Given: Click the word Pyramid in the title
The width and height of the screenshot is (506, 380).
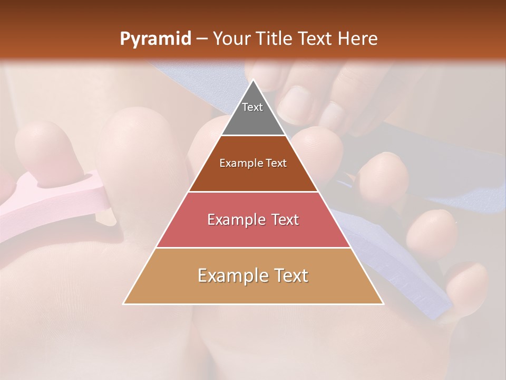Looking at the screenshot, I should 155,39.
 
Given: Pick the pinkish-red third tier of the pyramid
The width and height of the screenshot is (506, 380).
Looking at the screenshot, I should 253,232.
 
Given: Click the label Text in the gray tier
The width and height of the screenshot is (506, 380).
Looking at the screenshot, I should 252,107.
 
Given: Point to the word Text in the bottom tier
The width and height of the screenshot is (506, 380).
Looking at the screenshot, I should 289,275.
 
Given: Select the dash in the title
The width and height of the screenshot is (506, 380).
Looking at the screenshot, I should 201,39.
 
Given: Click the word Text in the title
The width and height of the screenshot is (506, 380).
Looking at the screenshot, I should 316,39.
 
